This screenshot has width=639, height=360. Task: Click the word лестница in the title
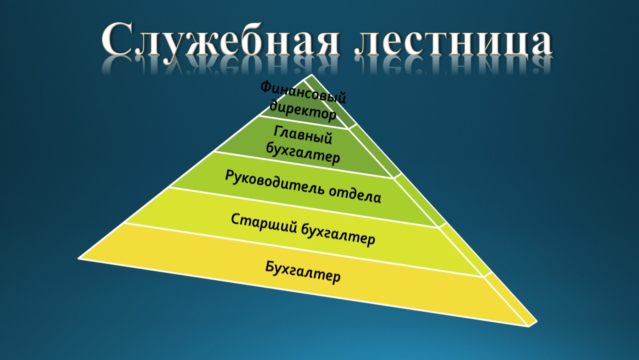coord(453,43)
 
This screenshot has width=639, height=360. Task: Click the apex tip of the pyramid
coord(311,74)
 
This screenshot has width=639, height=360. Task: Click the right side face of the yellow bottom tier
coord(509,300)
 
